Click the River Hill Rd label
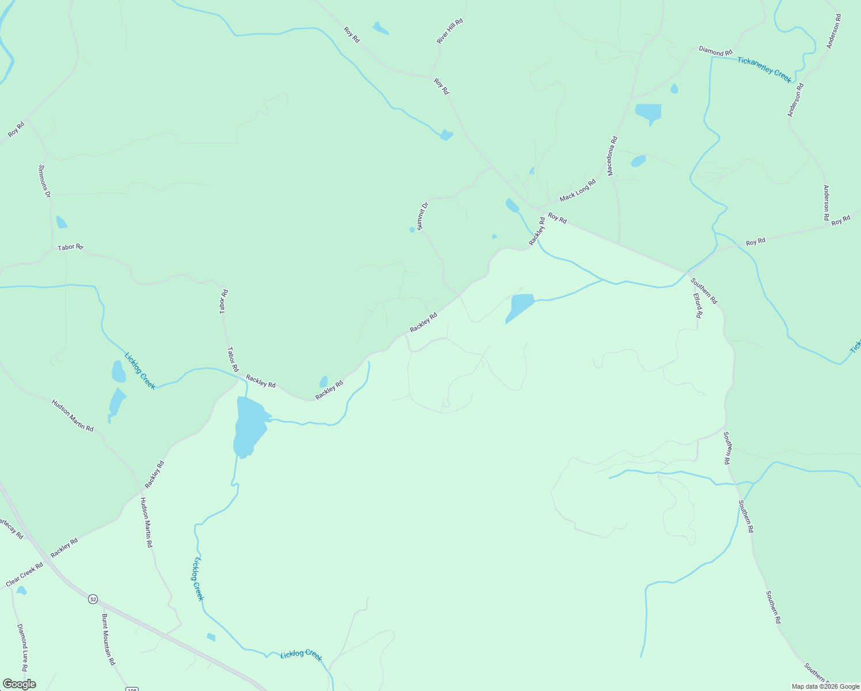click(449, 31)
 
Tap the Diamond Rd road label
click(715, 51)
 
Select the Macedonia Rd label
click(612, 155)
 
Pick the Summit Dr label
click(423, 216)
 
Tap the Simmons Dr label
click(44, 181)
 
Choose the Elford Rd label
click(698, 305)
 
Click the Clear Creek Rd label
click(25, 575)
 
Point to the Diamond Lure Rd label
click(22, 647)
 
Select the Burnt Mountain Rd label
click(108, 639)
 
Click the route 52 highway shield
click(93, 599)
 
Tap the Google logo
click(19, 684)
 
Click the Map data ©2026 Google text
click(824, 686)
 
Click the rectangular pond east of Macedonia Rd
click(648, 113)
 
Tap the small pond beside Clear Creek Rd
click(22, 590)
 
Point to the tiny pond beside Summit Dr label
click(412, 230)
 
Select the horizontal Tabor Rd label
click(70, 247)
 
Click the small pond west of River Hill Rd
click(380, 28)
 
